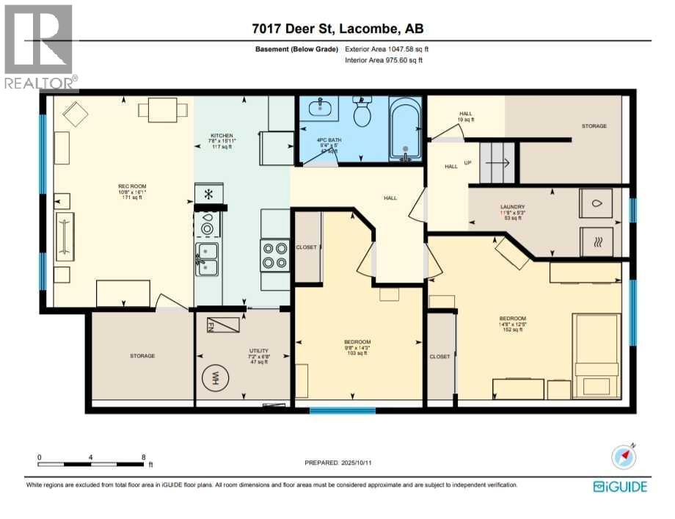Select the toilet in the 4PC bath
[x=362, y=114]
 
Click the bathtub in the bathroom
[x=405, y=130]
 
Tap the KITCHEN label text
[x=222, y=136]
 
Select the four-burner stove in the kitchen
[x=274, y=255]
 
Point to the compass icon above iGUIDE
[x=624, y=457]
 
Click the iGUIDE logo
[x=621, y=486]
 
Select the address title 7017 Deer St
[x=337, y=29]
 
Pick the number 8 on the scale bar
[x=144, y=457]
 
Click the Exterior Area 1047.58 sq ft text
[x=387, y=49]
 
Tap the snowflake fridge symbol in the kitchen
[x=208, y=195]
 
